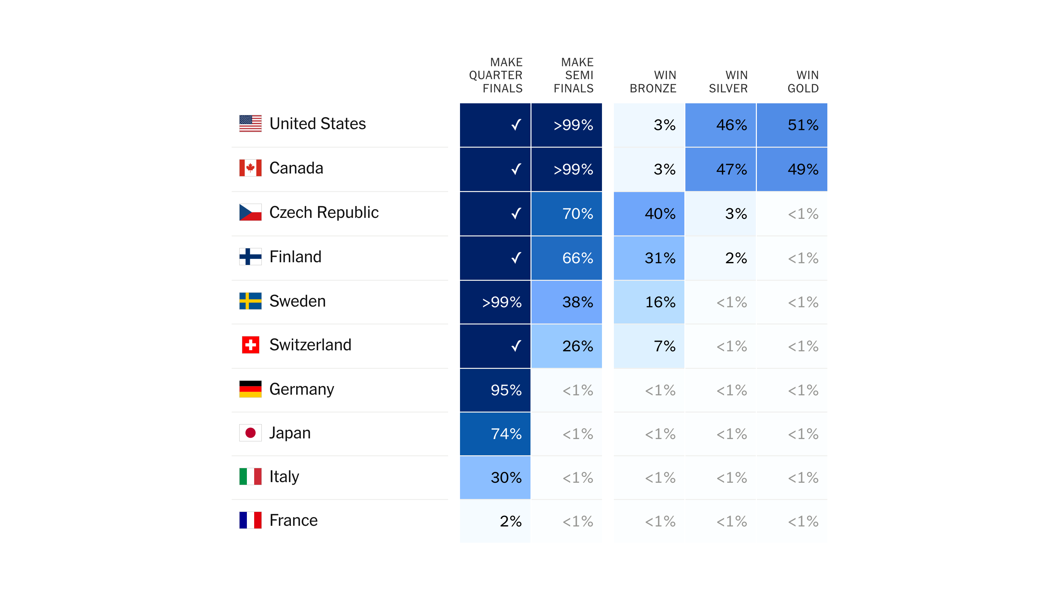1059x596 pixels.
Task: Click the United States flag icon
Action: (251, 124)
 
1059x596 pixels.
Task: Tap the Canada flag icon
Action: (251, 168)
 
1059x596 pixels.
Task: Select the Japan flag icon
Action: (251, 433)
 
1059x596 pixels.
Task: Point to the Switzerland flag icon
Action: (251, 345)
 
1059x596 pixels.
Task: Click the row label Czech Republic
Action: (324, 212)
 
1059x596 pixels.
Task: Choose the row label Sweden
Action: (297, 301)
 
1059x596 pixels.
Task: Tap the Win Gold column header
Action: (803, 81)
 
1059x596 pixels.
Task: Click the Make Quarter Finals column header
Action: (496, 75)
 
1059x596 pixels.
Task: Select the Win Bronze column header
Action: (653, 81)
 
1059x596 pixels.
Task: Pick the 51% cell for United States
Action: (792, 125)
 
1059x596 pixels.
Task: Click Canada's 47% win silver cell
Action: (720, 170)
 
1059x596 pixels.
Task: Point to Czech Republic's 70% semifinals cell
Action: (567, 214)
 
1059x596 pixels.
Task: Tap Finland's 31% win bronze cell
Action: (649, 258)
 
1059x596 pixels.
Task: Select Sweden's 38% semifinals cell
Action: (567, 302)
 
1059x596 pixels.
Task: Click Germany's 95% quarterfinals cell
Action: (495, 390)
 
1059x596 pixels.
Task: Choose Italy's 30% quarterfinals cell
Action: (495, 477)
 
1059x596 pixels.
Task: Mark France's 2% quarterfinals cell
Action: (495, 521)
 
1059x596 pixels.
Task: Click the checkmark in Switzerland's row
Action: (516, 346)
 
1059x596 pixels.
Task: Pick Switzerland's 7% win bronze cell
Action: (649, 346)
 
